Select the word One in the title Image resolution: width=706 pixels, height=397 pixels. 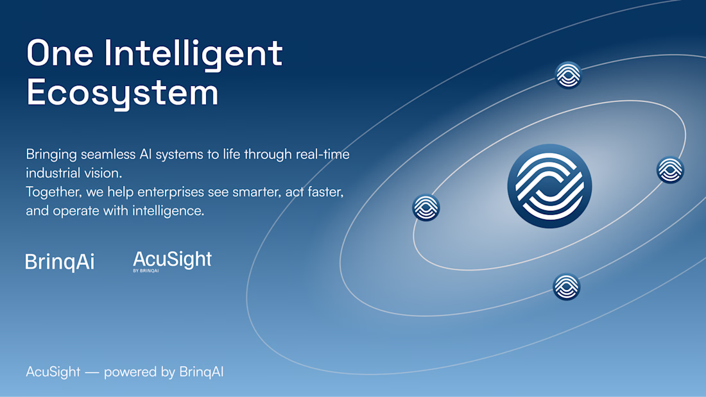click(60, 53)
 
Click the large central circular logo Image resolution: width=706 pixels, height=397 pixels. click(549, 186)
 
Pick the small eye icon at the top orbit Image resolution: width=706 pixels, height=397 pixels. click(568, 75)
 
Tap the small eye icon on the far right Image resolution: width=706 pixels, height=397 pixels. click(671, 170)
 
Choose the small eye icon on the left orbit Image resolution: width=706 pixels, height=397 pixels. click(426, 208)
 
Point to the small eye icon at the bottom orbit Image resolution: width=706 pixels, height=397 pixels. click(567, 287)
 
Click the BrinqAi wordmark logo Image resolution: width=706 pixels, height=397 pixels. click(60, 262)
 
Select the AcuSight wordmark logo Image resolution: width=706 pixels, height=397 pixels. click(173, 260)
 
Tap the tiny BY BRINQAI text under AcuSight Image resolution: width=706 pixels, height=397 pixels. click(146, 271)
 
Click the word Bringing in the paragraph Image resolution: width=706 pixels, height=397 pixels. click(51, 155)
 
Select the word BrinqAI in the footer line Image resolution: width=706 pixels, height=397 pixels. click(202, 372)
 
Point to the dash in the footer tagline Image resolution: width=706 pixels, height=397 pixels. click(92, 372)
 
